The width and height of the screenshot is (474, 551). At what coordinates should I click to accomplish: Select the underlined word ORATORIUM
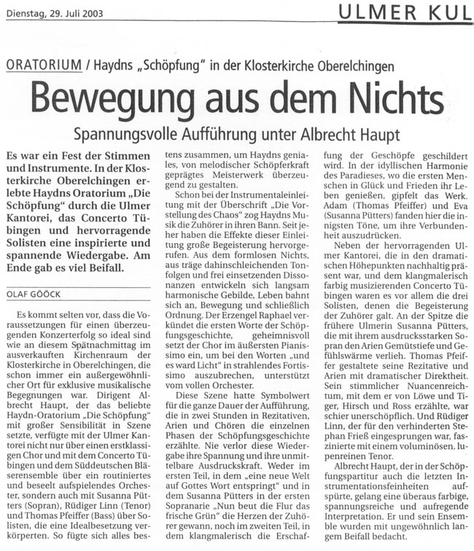[44, 65]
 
